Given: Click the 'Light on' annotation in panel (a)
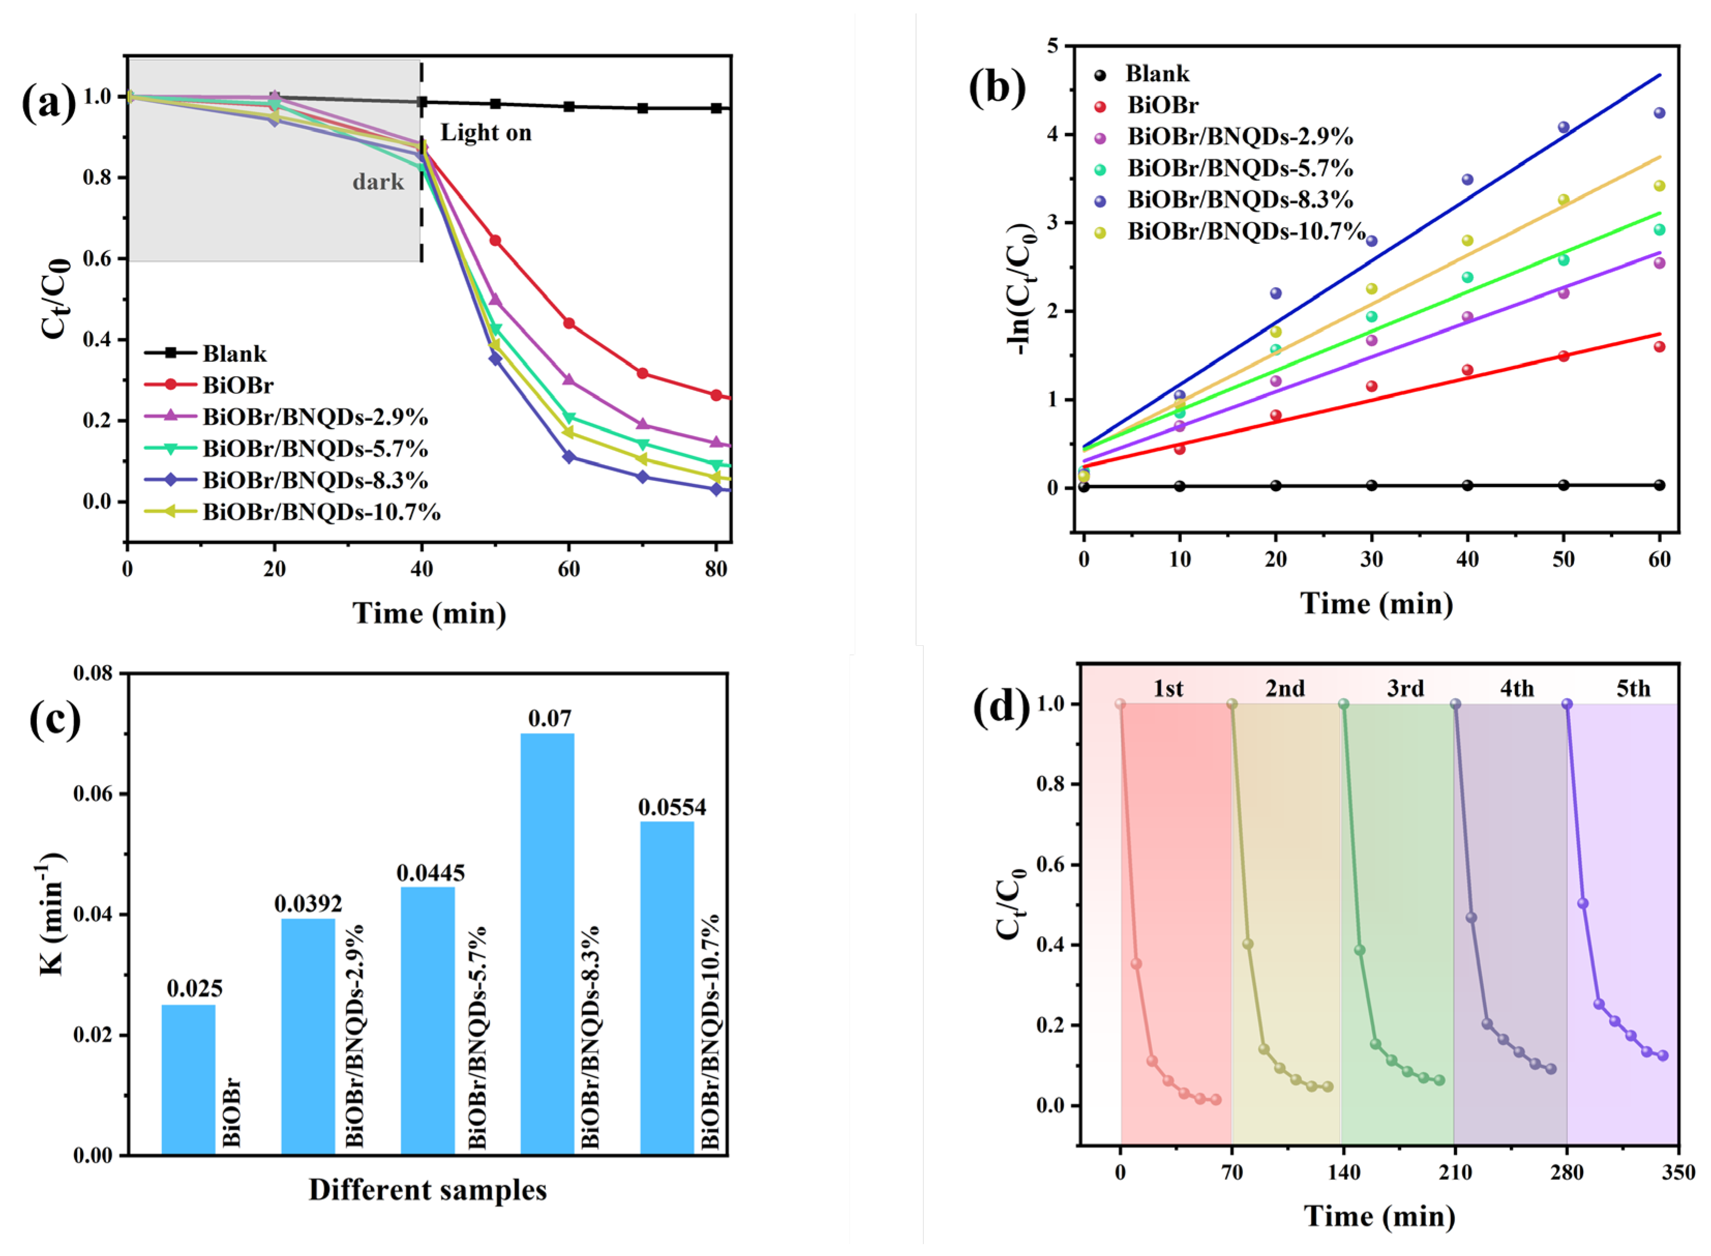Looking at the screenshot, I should (x=486, y=133).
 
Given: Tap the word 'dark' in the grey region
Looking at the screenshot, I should (x=378, y=182).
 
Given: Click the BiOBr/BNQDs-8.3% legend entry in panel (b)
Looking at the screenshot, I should (x=1239, y=200).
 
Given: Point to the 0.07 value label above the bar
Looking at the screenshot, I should (x=549, y=718).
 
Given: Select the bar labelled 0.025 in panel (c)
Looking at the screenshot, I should (x=188, y=1080).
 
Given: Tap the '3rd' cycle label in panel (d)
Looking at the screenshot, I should (x=1405, y=689).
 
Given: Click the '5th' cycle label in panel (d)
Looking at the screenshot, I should (x=1633, y=689).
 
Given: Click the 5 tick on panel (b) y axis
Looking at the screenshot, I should (x=1053, y=47).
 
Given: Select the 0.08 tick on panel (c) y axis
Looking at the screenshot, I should (x=93, y=674).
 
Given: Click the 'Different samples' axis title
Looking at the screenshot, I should (x=427, y=1190).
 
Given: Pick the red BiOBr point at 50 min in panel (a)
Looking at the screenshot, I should (x=495, y=240).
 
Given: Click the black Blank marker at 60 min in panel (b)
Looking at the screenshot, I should (x=1659, y=485).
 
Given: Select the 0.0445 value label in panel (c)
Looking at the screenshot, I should (x=430, y=873).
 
